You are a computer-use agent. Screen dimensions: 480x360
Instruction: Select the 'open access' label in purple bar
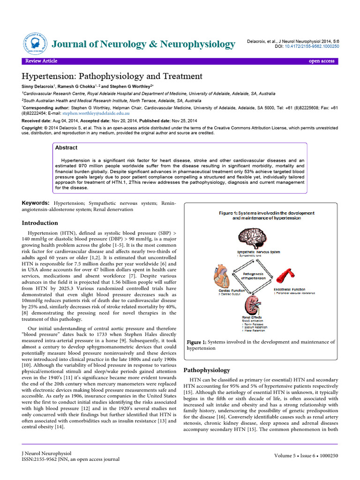(321, 61)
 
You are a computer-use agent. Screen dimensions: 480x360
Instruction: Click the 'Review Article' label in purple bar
(41, 61)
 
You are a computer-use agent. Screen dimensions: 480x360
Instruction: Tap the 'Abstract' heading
(66, 147)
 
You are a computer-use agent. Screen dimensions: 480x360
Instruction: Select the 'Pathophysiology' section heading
(207, 370)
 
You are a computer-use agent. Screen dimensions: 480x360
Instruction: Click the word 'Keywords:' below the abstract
(37, 202)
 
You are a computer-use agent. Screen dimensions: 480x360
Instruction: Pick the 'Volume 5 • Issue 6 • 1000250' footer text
(305, 456)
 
